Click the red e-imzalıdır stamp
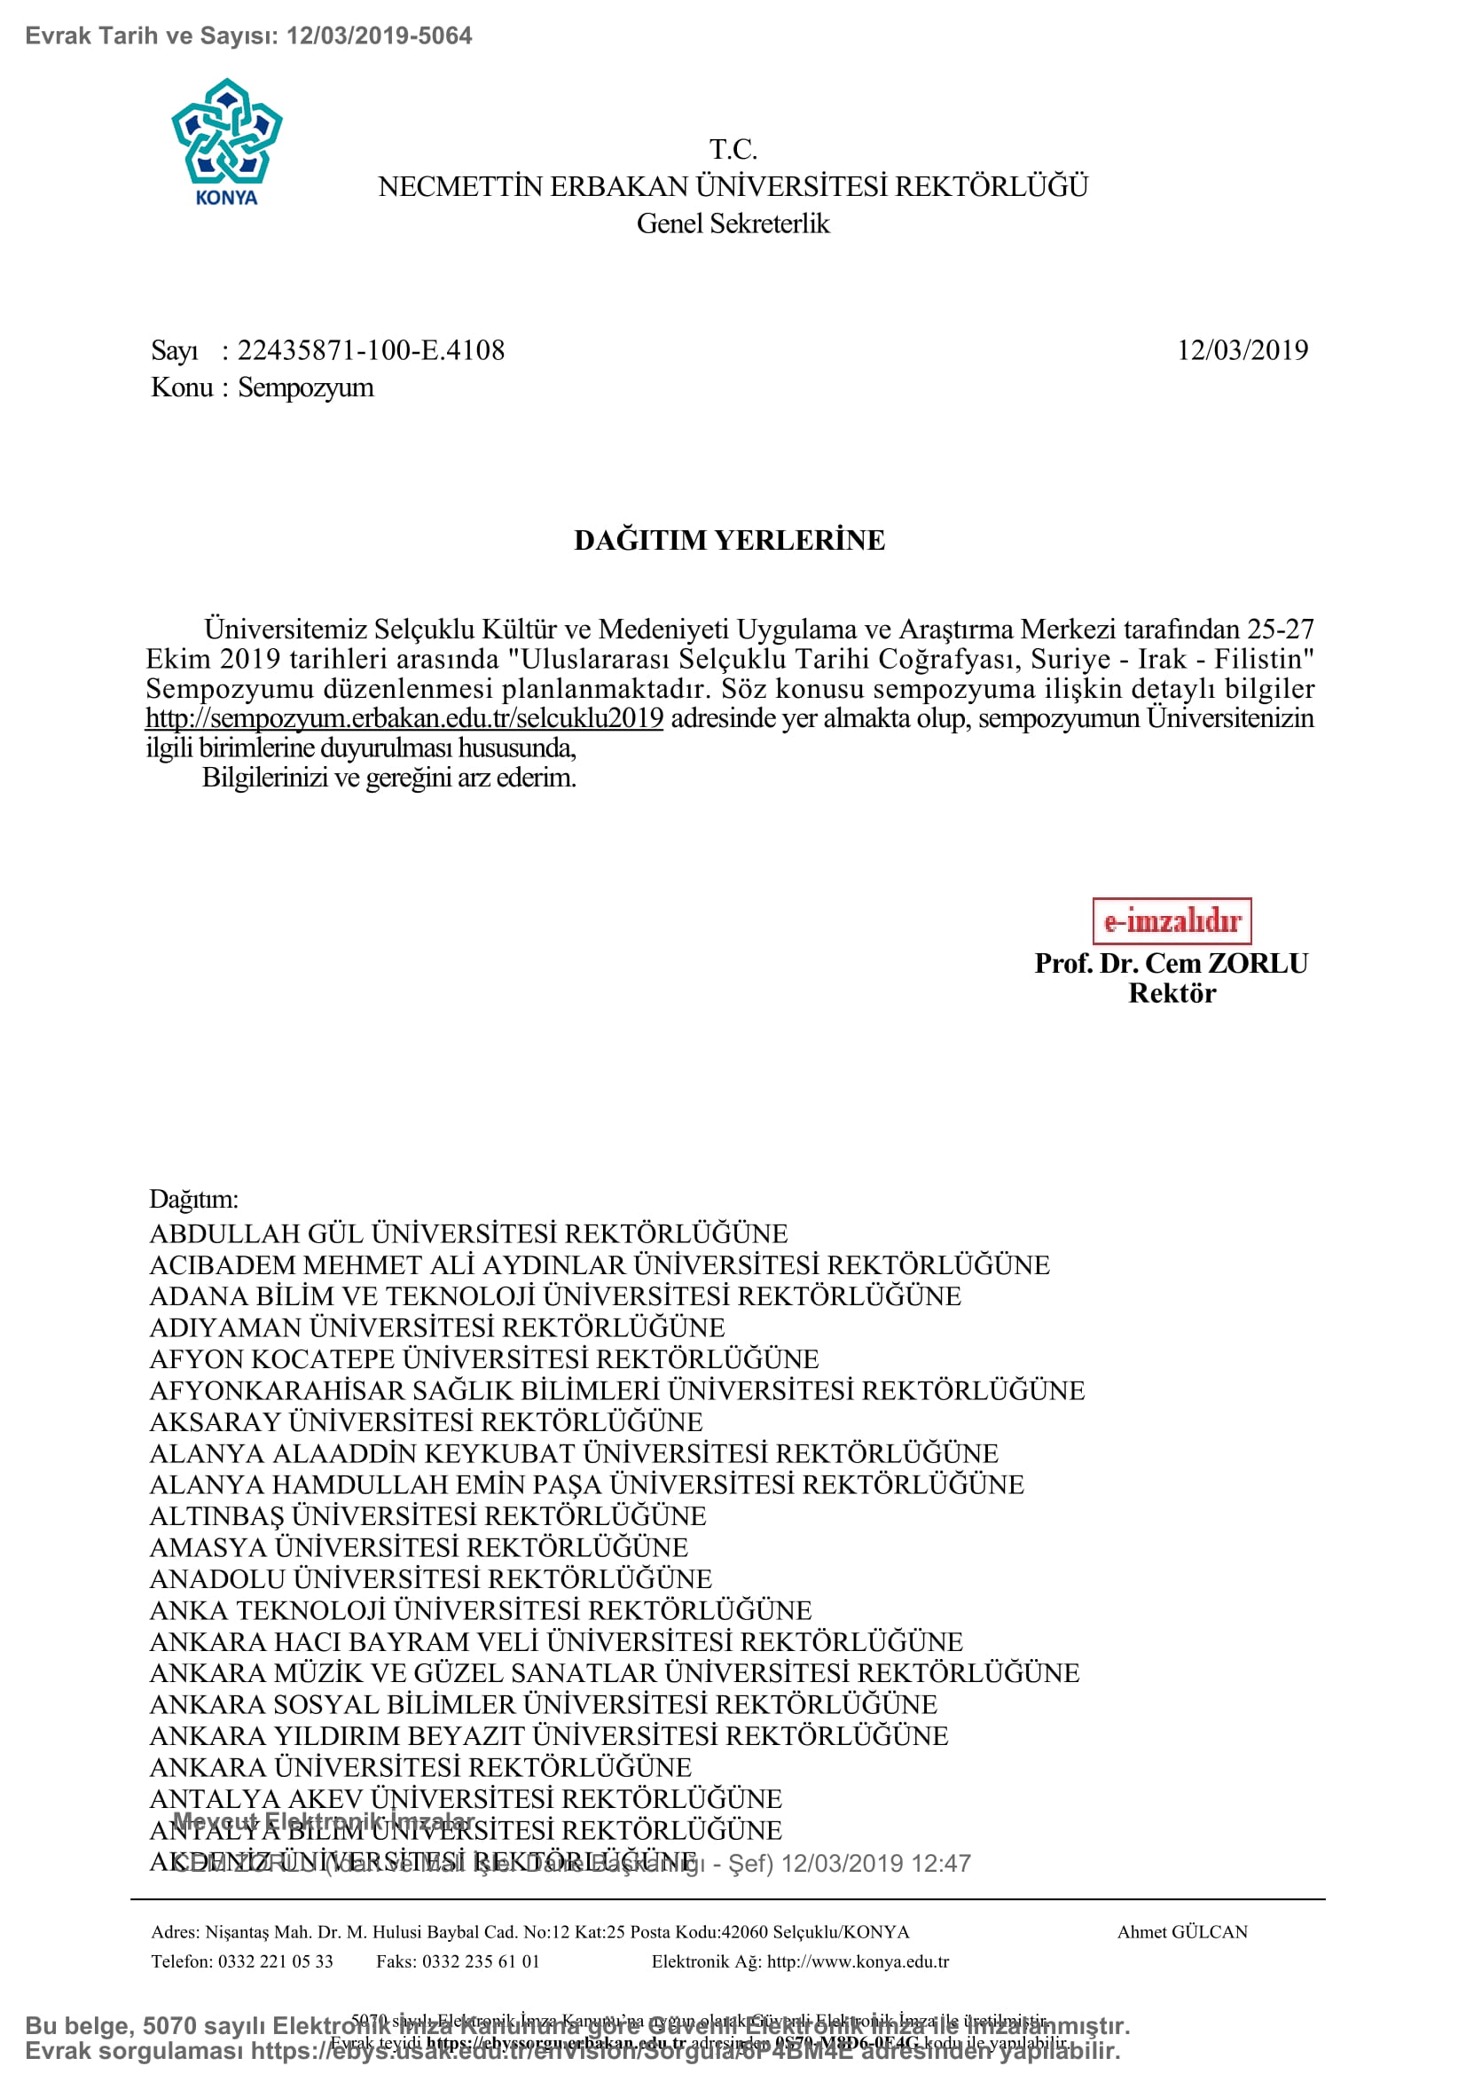tap(1172, 920)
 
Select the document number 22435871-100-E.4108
tap(372, 350)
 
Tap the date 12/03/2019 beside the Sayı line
tap(1242, 350)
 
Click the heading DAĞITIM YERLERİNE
tap(730, 540)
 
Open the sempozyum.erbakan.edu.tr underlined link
tap(404, 718)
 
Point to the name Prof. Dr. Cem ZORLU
tap(1171, 963)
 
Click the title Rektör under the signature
tap(1172, 993)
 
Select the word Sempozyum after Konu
tap(305, 387)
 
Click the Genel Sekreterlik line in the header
tap(733, 223)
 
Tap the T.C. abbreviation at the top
tap(733, 149)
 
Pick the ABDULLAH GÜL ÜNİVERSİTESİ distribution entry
tap(468, 1234)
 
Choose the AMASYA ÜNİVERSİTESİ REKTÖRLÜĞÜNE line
tap(419, 1547)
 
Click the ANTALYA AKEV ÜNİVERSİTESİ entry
tap(466, 1798)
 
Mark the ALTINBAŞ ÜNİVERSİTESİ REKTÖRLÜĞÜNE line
tap(428, 1515)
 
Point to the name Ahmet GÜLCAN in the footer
tap(1182, 1932)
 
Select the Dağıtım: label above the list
tap(194, 1199)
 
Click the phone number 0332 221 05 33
tap(276, 1961)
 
